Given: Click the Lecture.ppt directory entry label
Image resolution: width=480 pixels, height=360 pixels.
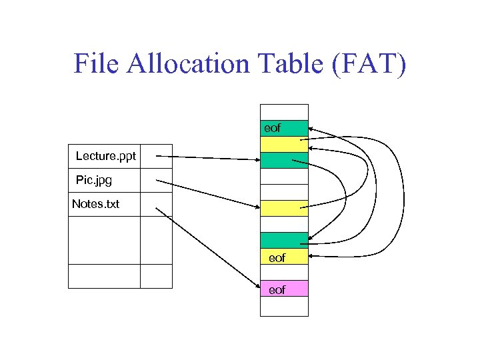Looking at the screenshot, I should (x=105, y=157).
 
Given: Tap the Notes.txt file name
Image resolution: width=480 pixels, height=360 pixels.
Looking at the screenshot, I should (x=95, y=204).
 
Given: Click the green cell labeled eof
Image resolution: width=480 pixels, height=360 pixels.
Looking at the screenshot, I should (x=284, y=128).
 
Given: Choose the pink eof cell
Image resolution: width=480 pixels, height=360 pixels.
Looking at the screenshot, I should (x=284, y=289).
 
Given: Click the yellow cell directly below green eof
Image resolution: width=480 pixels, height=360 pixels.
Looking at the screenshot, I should (x=284, y=144).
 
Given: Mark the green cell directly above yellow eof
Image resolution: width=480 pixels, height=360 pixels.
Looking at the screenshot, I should (x=284, y=240).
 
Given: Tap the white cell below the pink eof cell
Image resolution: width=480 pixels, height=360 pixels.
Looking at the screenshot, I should (x=284, y=305).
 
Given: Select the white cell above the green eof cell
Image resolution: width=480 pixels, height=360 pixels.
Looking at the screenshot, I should (x=284, y=112).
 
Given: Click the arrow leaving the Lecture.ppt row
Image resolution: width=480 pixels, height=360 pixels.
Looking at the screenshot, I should (x=207, y=158).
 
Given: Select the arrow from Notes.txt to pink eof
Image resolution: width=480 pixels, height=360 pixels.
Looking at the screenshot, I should (x=207, y=248).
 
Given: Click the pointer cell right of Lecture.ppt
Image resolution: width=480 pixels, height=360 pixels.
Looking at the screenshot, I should (x=156, y=157).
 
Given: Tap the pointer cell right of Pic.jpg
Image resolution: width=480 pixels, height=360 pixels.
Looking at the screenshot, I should (x=156, y=180).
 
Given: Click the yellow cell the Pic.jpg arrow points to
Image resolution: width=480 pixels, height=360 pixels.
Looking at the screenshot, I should (x=284, y=208).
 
